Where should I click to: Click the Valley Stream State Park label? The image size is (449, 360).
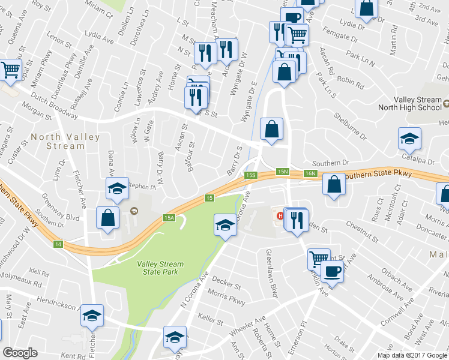tap(160, 269)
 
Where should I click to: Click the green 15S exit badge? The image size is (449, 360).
tap(251, 175)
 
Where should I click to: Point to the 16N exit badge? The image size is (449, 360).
tap(310, 173)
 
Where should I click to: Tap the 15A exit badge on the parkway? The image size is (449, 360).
tap(169, 218)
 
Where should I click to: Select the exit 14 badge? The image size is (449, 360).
tap(58, 244)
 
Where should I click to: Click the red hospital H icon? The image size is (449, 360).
tap(279, 215)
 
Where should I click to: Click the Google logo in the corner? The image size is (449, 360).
tap(20, 352)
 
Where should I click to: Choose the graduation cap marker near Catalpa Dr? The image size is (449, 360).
tap(409, 139)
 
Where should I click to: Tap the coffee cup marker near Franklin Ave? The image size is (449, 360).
tap(332, 271)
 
